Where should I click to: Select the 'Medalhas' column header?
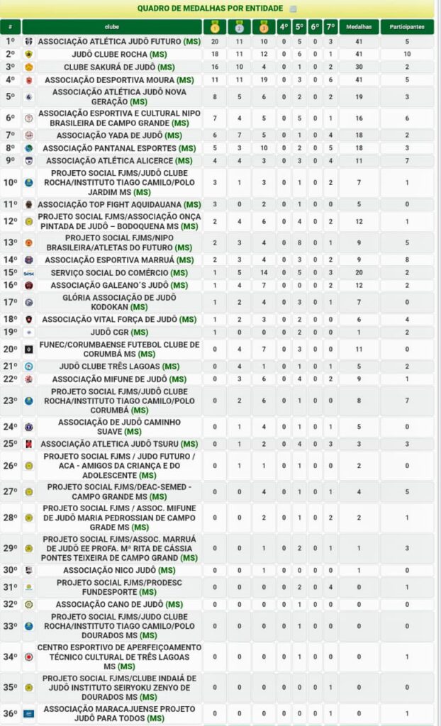tap(359, 26)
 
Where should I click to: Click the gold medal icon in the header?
tap(215, 27)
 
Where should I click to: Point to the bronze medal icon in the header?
tap(264, 27)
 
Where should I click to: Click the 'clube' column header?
tap(111, 26)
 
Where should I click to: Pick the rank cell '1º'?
tap(10, 42)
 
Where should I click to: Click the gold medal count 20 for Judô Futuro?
tap(215, 42)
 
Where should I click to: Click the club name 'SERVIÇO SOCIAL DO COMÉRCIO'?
tap(111, 272)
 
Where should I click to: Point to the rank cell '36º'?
tap(10, 713)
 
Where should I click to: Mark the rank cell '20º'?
tap(10, 349)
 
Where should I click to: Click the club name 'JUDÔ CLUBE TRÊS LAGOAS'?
tap(112, 366)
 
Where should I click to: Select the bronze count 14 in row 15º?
tap(264, 272)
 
